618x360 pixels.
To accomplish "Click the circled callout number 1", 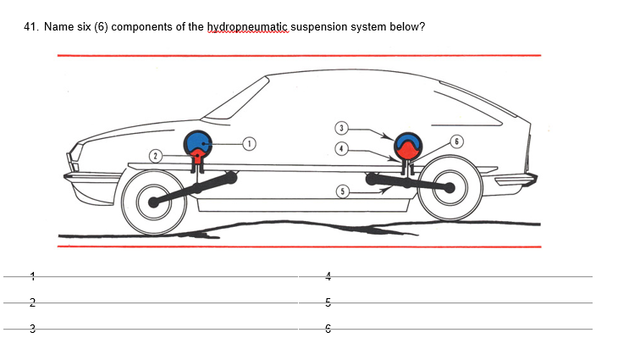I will coord(250,142).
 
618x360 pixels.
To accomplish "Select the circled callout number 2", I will coord(155,155).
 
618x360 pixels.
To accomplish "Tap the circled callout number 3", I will coord(341,128).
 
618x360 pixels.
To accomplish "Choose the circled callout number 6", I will coord(457,141).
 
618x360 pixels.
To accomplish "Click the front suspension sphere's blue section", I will coord(198,141).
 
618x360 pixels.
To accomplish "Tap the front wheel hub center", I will coord(153,202).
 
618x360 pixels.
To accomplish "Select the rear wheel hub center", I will coord(450,188).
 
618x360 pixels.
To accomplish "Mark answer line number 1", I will coord(152,275).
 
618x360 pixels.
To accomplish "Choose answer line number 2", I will coord(152,302).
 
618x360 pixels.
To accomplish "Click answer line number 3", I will coord(152,330).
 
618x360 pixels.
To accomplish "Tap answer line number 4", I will coord(449,275).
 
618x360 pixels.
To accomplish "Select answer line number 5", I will coord(449,302).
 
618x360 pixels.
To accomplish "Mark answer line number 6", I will coord(449,330).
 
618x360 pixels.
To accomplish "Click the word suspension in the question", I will coord(326,27).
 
